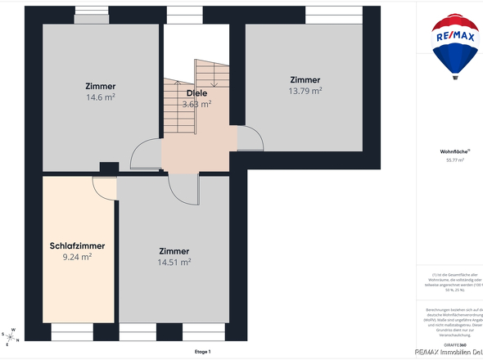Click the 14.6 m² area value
[x=100, y=97]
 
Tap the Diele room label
[x=196, y=92]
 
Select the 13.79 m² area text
[x=305, y=91]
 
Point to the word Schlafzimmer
[x=77, y=245]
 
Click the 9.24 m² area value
[x=77, y=256]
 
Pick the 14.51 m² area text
[x=174, y=263]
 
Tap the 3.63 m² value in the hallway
[x=196, y=104]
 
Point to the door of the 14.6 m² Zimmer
[x=146, y=155]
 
